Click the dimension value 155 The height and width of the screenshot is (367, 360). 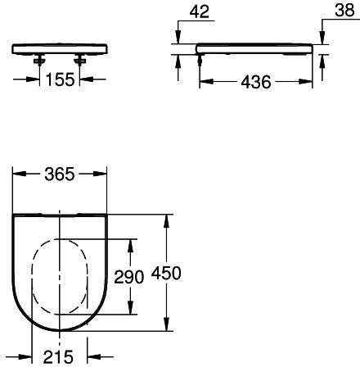pos(60,79)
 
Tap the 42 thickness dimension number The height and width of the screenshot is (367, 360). pos(200,11)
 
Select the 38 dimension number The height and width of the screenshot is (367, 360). pos(344,10)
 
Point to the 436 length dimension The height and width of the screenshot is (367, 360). pos(256,82)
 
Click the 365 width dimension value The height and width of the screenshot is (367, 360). pos(60,174)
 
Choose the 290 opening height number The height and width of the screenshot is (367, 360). pos(128,277)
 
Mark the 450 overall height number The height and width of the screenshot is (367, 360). pos(166,273)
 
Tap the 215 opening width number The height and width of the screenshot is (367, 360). pos(58,356)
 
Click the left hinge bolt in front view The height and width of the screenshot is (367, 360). pos(39,59)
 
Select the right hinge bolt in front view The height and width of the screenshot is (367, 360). pos(79,59)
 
